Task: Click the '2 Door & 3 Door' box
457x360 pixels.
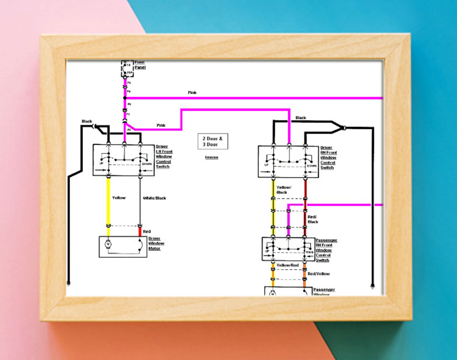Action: (212, 142)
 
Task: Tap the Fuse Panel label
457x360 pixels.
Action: (140, 65)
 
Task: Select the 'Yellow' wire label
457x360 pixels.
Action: (119, 198)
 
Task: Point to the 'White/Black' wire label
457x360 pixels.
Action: (154, 198)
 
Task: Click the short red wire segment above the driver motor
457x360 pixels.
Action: (140, 231)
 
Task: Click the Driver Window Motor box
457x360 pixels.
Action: (123, 247)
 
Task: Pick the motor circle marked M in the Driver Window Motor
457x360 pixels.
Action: (108, 243)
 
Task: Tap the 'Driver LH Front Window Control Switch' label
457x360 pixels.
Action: (164, 156)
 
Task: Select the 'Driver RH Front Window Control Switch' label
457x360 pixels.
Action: (328, 158)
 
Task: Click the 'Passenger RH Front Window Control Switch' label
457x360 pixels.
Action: (326, 250)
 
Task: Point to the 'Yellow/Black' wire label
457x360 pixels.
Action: (284, 190)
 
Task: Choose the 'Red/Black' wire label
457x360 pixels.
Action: (313, 219)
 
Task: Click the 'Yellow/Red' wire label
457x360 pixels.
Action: (287, 265)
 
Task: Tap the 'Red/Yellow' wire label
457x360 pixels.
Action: (319, 274)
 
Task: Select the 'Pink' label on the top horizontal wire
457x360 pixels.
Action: (192, 93)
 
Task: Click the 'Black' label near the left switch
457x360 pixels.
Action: (87, 121)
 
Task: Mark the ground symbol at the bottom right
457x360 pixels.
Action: (372, 285)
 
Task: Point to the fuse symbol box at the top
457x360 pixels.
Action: (126, 68)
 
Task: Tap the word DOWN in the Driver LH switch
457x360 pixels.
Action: (147, 164)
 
